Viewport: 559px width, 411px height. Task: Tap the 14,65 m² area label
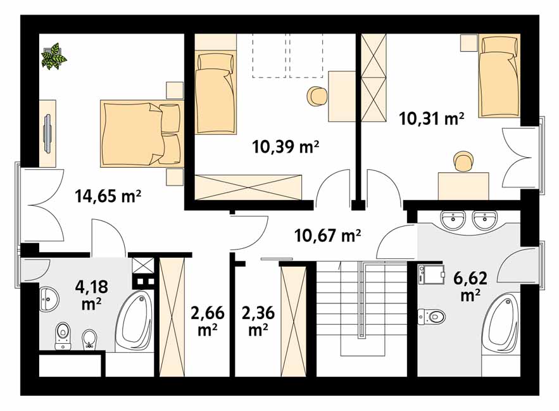tap(107, 195)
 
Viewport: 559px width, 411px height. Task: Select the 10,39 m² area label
tap(285, 147)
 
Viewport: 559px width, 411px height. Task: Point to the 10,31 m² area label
tap(432, 118)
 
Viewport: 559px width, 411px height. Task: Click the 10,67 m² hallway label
tap(327, 236)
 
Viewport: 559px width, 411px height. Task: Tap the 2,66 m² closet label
tap(207, 320)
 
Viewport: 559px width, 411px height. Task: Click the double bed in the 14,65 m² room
tap(140, 134)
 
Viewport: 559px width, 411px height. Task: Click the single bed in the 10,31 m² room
tap(499, 76)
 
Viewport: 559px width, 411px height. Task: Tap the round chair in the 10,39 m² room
tap(317, 96)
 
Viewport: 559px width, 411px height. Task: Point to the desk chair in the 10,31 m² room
tap(463, 161)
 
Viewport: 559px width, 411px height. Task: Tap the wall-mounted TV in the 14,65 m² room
tap(47, 133)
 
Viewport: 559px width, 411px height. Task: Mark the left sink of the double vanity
tap(453, 220)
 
